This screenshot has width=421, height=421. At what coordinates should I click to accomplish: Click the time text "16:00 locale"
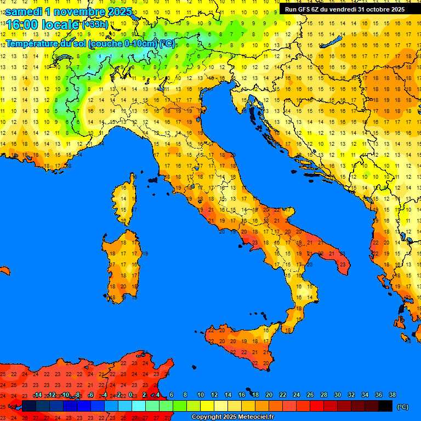click(41, 25)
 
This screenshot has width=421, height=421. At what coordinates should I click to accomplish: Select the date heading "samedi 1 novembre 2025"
click(69, 11)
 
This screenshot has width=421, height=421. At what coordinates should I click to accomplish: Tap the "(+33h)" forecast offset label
click(96, 25)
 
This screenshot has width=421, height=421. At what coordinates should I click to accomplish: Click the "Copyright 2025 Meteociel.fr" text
click(232, 417)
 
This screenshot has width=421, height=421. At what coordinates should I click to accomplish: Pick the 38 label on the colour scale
click(392, 395)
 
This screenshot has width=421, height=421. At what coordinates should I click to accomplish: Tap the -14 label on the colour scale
click(37, 395)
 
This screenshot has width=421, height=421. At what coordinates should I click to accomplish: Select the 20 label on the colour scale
click(269, 395)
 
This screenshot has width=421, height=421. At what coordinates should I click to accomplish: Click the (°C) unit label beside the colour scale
click(403, 407)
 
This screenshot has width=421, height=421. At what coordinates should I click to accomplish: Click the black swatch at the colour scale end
click(385, 406)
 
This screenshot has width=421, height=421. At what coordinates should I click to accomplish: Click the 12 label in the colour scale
click(214, 395)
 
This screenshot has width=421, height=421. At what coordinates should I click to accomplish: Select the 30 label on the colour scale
click(338, 395)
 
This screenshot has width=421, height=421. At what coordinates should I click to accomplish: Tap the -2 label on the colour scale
click(118, 395)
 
